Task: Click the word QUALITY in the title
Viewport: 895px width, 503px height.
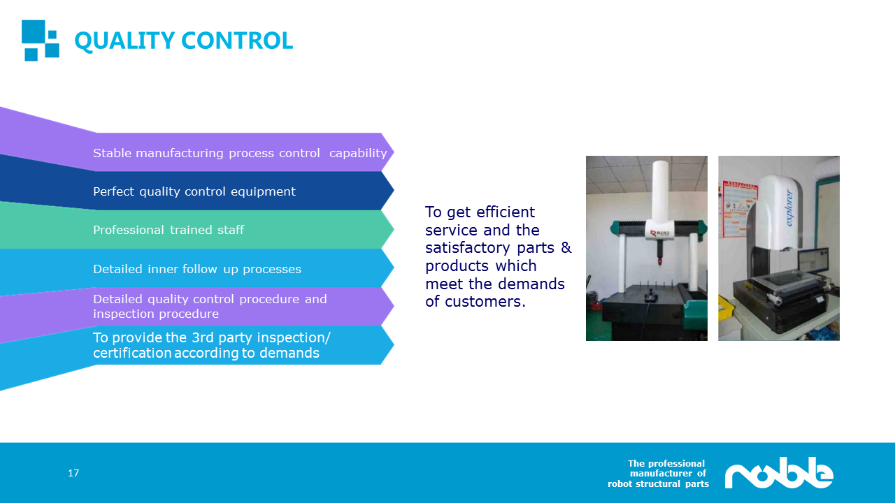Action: (x=124, y=41)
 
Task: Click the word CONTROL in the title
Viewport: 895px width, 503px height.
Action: (x=237, y=41)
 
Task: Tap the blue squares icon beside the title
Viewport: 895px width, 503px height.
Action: (x=41, y=41)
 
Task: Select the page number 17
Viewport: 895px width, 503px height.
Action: (x=73, y=473)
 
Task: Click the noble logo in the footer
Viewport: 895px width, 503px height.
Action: (x=779, y=473)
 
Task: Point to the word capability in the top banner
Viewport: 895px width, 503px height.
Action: (x=358, y=153)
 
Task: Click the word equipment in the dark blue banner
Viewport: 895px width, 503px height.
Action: (x=264, y=192)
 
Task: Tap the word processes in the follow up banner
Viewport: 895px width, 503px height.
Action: (x=272, y=270)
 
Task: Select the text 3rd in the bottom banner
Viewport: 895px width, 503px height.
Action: (x=203, y=337)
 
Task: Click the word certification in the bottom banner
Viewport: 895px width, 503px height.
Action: (x=133, y=353)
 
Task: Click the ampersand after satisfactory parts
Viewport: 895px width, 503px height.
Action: (x=566, y=247)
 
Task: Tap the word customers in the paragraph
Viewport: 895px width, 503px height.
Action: (x=485, y=302)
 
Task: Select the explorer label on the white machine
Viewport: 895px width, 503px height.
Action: (x=789, y=208)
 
